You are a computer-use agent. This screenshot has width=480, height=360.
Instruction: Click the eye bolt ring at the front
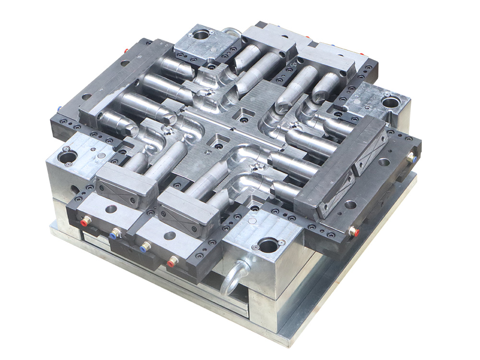(234, 278)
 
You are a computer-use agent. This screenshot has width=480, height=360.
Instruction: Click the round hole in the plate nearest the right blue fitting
(384, 162)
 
